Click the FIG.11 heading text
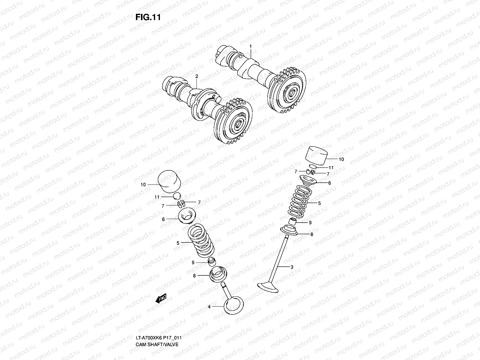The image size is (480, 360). pos(148,17)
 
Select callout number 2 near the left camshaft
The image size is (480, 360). pos(197,77)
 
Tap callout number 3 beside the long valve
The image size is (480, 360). pos(292,267)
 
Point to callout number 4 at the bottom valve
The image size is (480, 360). pos(209,307)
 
